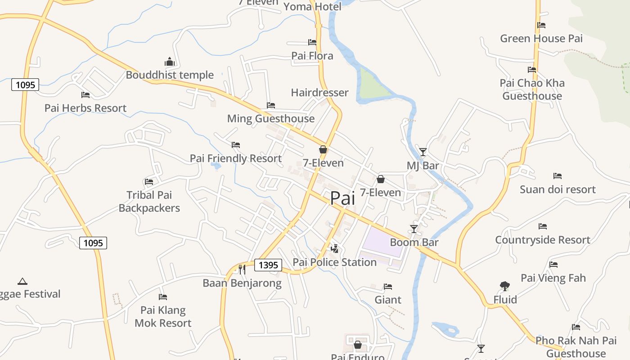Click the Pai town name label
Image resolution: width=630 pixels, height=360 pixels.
coord(342,198)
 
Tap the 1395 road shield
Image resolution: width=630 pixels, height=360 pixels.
coord(268,265)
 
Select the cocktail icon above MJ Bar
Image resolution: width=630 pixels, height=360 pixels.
coord(423,152)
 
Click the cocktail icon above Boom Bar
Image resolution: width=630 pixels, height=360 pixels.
coord(414,229)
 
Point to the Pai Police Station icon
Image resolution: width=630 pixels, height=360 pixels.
coord(334,248)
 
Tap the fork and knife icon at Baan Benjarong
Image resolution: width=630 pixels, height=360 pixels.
coord(242,269)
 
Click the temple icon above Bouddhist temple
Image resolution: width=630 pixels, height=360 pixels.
coord(170,62)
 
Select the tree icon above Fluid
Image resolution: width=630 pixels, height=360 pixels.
coord(504,286)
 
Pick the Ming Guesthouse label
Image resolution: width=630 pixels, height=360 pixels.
coord(271,118)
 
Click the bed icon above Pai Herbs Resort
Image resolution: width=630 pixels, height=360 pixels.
coord(85,94)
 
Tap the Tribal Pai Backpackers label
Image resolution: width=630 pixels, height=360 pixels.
coord(149,201)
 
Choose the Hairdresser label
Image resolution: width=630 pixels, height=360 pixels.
coord(319,93)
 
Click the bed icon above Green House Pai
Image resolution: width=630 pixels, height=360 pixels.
coord(541,25)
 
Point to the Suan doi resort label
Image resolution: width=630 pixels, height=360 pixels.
coord(558,189)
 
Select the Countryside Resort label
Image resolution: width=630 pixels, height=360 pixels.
coord(543,240)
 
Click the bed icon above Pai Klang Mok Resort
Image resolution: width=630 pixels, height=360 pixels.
coord(163,297)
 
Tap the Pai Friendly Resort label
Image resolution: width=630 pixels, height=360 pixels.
coord(236,158)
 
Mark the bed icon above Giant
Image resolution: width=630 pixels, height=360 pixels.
coord(388,287)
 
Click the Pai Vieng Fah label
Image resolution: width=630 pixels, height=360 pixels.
coord(553,278)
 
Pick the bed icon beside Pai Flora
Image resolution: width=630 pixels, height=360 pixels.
coord(312,42)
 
